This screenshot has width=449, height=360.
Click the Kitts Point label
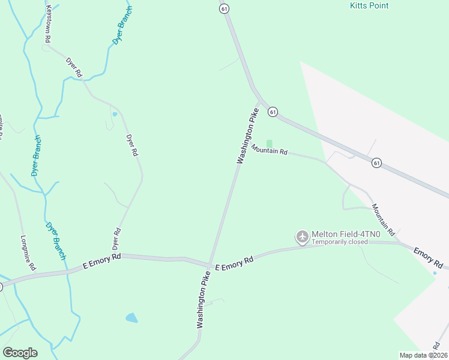369,6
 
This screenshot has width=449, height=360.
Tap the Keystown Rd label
48,23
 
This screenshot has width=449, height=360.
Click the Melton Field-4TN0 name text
342,234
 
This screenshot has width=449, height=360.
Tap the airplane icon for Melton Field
302,238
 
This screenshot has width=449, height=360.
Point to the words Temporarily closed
340,242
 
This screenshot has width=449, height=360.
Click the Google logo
20,353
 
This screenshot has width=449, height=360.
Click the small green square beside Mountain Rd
269,143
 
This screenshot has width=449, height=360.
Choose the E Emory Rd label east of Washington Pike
234,262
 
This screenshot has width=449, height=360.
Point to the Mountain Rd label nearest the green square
270,150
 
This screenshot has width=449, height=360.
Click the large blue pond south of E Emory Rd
131,317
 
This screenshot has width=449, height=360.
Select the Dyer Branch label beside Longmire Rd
55,241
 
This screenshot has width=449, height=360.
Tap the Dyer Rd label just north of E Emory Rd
117,239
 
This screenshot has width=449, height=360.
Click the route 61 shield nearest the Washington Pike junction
273,112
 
